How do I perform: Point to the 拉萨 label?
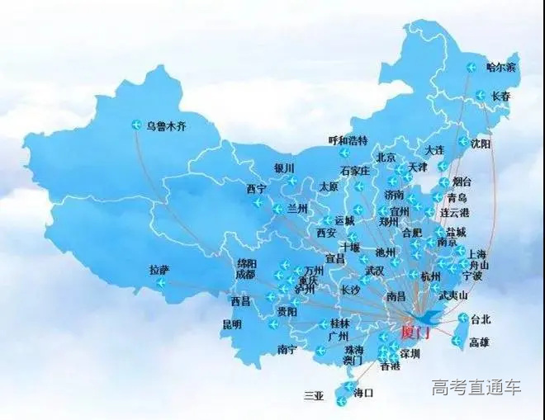tap(159, 270)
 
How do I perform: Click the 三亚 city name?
tap(314, 396)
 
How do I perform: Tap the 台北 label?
tap(480, 319)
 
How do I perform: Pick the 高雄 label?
tap(480, 341)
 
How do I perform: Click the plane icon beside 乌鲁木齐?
tap(137, 125)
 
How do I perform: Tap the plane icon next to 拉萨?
tap(159, 285)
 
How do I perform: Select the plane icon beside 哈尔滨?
tap(472, 68)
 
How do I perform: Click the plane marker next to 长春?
tap(476, 96)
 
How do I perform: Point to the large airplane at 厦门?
tap(428, 317)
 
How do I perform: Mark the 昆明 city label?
tap(232, 324)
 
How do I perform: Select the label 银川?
tap(284, 168)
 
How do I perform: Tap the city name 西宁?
tap(256, 189)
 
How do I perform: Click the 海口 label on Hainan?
tap(363, 393)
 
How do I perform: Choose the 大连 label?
tap(434, 150)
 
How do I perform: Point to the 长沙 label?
tap(351, 290)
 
